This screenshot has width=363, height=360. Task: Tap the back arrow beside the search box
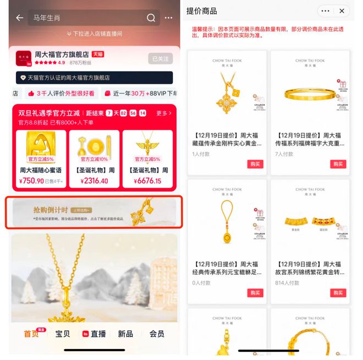(20, 18)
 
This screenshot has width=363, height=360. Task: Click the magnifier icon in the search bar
(151, 18)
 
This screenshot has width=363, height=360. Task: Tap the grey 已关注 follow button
(160, 59)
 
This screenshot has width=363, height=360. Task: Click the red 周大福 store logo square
(23, 58)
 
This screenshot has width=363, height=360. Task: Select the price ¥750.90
(31, 181)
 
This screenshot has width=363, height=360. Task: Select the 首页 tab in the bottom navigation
(31, 334)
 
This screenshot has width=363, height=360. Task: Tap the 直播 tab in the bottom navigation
(94, 334)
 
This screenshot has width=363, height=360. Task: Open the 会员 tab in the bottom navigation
(157, 334)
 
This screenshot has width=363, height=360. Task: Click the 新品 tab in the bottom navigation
(125, 334)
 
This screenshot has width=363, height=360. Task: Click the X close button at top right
(342, 11)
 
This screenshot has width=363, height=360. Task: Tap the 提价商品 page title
(201, 11)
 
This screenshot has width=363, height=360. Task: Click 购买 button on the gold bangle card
(338, 164)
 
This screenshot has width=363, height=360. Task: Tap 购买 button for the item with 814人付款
(338, 293)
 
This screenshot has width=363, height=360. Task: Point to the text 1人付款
(201, 154)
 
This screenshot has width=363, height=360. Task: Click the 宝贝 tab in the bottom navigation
(63, 334)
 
